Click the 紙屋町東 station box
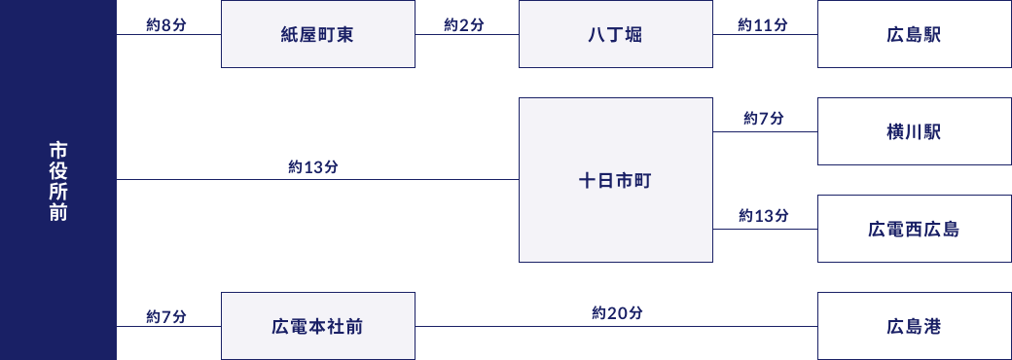point(317,35)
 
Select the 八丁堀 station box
point(615,35)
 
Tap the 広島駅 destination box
point(914,35)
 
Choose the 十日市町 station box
point(615,180)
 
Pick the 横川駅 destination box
point(914,131)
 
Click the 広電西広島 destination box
point(914,230)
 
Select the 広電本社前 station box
point(317,326)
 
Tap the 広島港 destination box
point(914,326)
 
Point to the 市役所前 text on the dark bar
point(58,181)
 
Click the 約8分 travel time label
point(165,24)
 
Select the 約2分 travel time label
point(463,24)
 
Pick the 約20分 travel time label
point(617,313)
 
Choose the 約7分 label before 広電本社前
point(165,316)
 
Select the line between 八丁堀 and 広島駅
point(765,35)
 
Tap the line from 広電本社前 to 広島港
point(617,327)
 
